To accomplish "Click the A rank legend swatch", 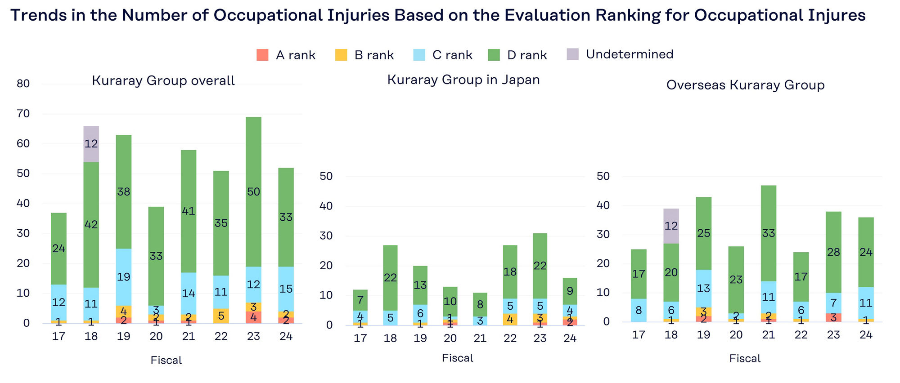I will tap(262, 55).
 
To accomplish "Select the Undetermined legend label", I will tap(629, 54).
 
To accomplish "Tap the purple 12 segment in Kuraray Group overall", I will tap(91, 144).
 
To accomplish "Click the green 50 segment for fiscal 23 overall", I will tap(253, 192).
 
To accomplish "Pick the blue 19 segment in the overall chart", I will tap(124, 277).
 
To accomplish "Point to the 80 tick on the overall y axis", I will tap(23, 84).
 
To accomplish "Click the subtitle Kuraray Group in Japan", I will tap(463, 80).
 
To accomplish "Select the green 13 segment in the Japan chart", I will tap(420, 285).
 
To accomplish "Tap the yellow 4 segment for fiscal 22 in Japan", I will tap(510, 319).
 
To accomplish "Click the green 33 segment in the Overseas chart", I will tap(769, 233).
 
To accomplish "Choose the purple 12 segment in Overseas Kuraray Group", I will tap(671, 226).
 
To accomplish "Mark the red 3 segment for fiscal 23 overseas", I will tap(833, 317).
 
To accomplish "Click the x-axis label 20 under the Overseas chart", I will tap(736, 335).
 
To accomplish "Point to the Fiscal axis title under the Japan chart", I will tap(457, 358).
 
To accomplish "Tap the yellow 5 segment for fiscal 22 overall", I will tap(221, 316).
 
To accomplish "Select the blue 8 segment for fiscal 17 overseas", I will tap(639, 310).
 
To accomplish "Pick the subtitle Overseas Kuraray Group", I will tap(745, 85).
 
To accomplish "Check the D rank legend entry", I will tap(517, 55).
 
